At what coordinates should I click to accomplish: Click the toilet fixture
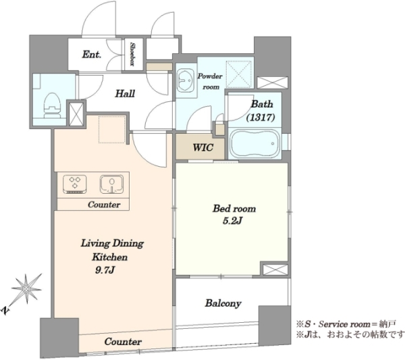click(53, 105)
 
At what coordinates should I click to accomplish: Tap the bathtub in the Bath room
click(255, 143)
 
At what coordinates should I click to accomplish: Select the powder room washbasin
click(186, 80)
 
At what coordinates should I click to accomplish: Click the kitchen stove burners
click(75, 184)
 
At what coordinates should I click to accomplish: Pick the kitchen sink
click(111, 184)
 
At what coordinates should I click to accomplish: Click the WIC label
click(203, 147)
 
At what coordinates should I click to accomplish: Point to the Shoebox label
click(133, 54)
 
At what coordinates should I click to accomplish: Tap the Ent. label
click(91, 55)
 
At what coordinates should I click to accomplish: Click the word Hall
click(125, 93)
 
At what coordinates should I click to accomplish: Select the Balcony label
click(223, 303)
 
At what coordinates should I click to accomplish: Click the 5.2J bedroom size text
click(232, 221)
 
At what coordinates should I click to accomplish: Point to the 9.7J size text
click(105, 270)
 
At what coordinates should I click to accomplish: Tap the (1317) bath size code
click(260, 118)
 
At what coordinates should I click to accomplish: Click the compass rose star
click(26, 288)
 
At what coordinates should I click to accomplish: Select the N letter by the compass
click(5, 311)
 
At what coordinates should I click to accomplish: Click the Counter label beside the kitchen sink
click(104, 205)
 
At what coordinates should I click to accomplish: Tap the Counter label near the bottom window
click(123, 342)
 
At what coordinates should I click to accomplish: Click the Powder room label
click(210, 82)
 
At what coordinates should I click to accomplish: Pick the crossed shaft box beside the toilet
click(76, 114)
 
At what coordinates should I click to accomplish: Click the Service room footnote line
click(346, 324)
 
